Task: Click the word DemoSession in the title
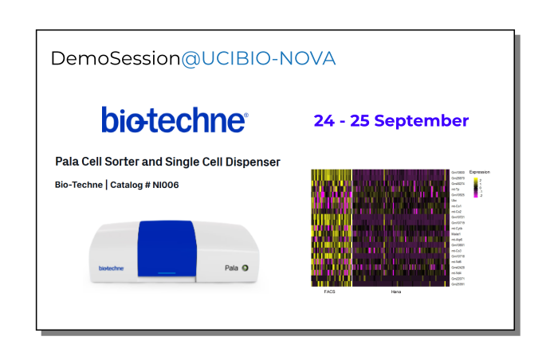click(115, 58)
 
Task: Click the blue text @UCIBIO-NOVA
click(258, 58)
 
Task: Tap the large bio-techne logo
click(175, 120)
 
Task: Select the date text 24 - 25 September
click(391, 121)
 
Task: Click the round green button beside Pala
click(246, 268)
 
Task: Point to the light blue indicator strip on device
click(167, 273)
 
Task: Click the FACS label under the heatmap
click(330, 292)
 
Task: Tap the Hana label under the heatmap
click(395, 292)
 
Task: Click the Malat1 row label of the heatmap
click(457, 233)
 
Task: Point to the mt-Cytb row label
click(457, 228)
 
